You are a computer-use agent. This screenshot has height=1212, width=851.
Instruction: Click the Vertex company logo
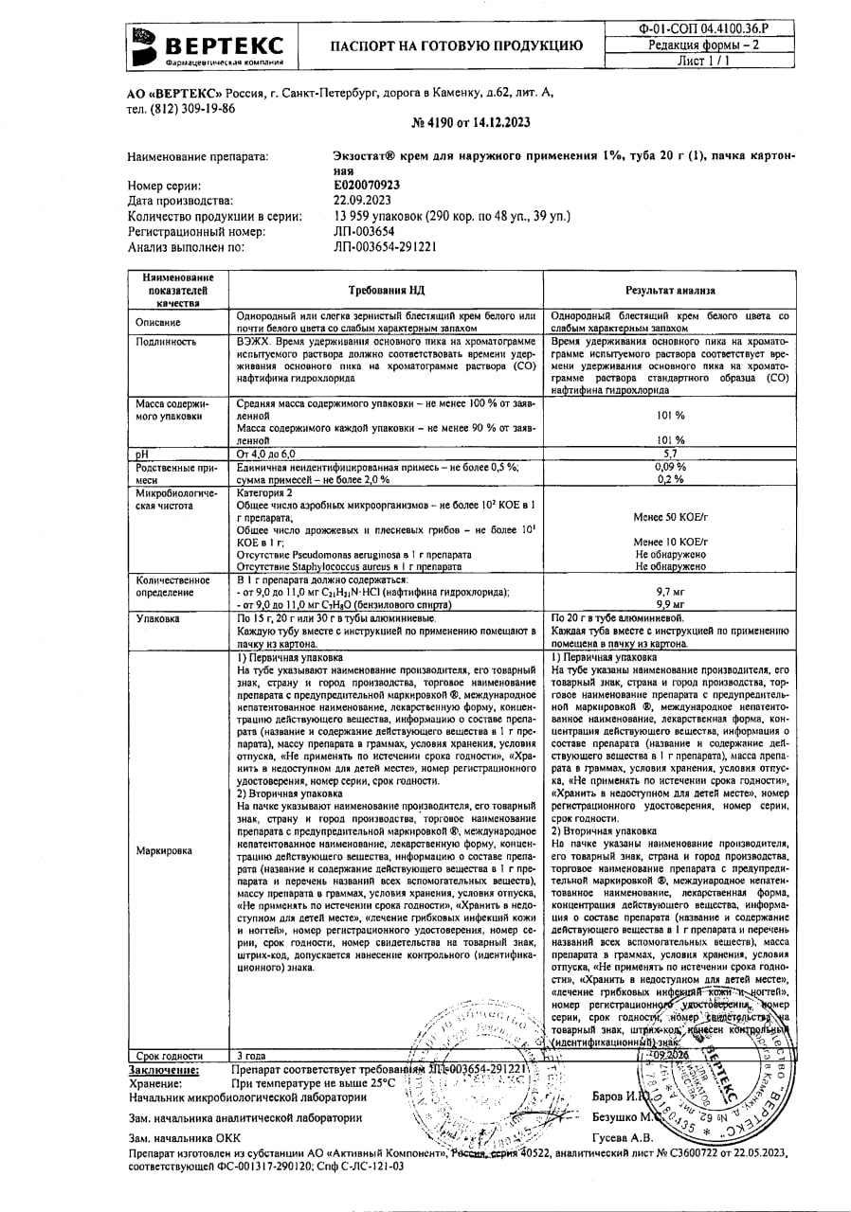(x=208, y=45)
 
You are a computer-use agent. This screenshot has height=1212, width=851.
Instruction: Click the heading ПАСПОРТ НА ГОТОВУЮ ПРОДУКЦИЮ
(x=456, y=45)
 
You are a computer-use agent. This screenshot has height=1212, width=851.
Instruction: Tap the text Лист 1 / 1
(x=703, y=61)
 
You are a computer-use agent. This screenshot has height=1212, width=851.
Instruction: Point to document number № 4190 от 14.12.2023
(x=471, y=122)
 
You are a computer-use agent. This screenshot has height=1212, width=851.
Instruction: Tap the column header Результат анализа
(x=669, y=291)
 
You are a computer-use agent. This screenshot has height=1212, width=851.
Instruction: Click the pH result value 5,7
(x=669, y=454)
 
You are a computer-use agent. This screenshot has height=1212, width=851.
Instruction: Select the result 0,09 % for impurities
(x=669, y=467)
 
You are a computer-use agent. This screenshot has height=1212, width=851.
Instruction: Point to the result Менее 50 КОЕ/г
(x=669, y=517)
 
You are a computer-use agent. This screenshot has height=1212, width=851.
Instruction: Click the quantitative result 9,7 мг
(x=669, y=591)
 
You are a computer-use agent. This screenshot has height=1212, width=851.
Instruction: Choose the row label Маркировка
(x=164, y=850)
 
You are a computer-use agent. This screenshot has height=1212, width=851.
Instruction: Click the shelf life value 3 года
(x=251, y=1056)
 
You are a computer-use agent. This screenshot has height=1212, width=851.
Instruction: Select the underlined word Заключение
(x=164, y=1069)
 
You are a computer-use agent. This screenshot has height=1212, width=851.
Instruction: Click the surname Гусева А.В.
(x=622, y=1137)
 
